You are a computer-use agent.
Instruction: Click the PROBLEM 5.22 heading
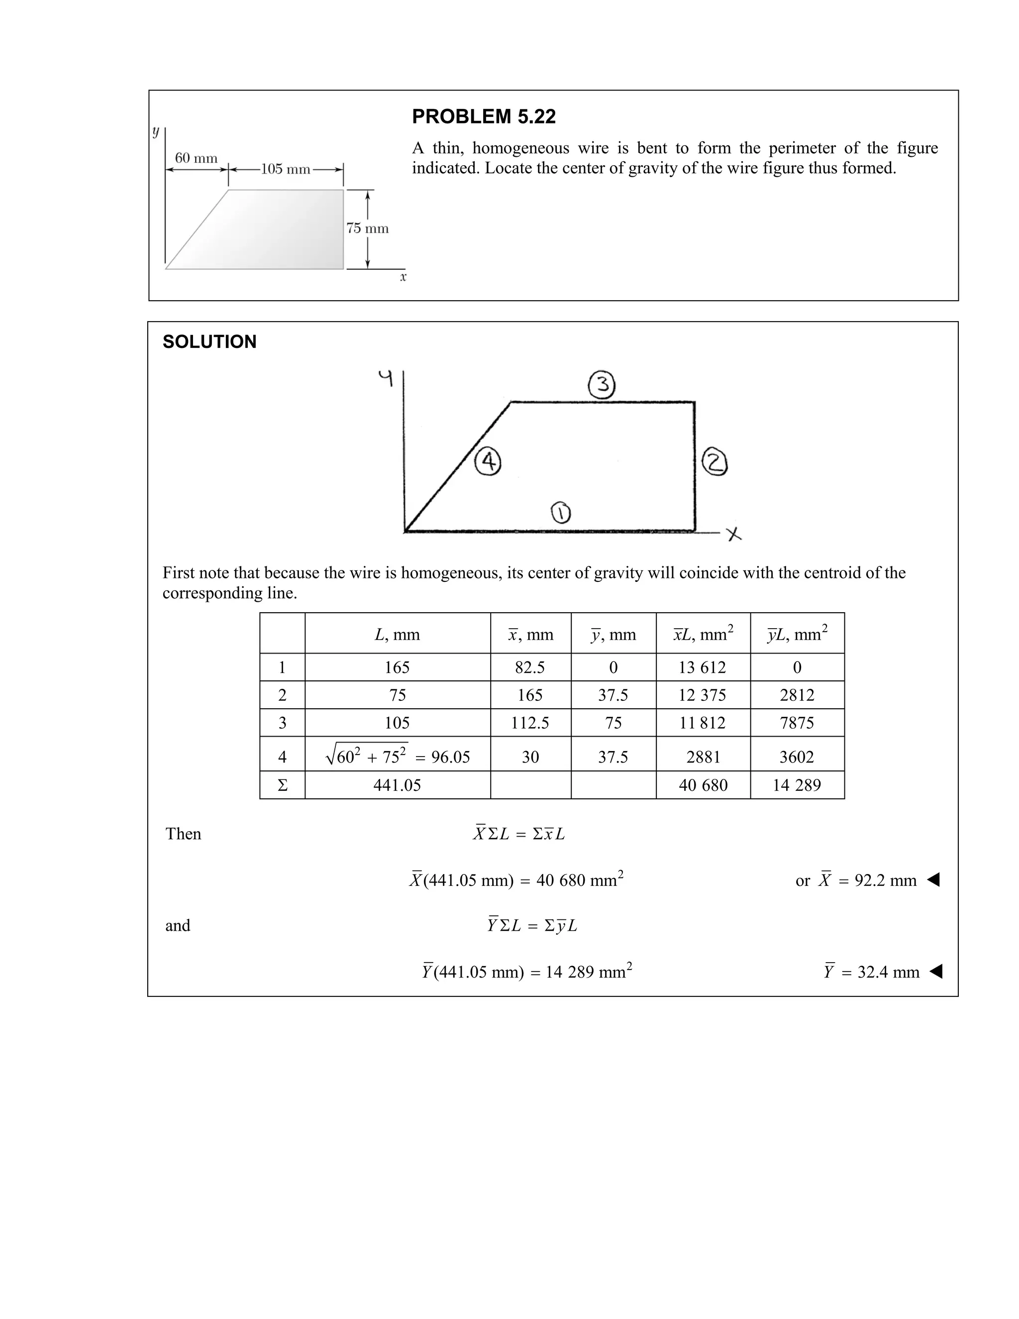point(484,116)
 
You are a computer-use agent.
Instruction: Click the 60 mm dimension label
point(196,158)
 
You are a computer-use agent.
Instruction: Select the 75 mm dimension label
point(367,228)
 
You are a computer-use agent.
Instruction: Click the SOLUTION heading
point(209,342)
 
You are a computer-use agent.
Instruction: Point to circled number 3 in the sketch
point(601,385)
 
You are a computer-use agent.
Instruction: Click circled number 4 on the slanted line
point(489,462)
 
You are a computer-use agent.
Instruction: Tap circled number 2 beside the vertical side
point(715,463)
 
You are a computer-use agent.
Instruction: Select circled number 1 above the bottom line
point(561,513)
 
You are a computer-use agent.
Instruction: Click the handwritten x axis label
point(734,535)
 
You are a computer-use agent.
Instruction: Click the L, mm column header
point(397,635)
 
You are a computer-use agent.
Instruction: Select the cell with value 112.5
point(530,723)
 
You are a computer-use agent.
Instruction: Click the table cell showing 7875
point(797,723)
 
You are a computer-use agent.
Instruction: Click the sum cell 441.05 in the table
point(397,785)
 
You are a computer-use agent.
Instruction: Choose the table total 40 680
point(703,785)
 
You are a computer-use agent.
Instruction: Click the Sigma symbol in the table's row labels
point(282,785)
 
